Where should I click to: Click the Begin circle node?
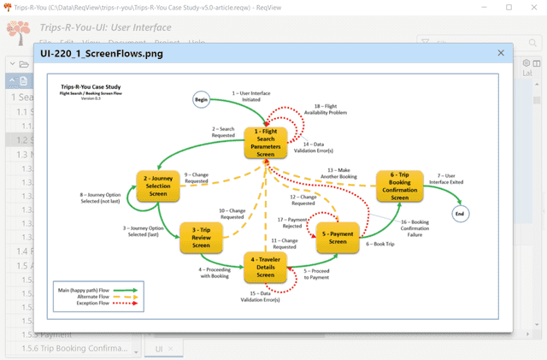tap(202, 99)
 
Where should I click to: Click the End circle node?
tap(461, 213)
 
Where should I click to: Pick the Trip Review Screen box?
tap(201, 238)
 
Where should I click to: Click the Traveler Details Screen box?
tap(265, 266)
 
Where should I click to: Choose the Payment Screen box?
tap(338, 237)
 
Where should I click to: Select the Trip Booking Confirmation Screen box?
tap(400, 186)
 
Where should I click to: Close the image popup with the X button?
tap(501, 53)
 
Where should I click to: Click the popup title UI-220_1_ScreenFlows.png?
tap(102, 54)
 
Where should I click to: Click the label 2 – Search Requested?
tap(223, 133)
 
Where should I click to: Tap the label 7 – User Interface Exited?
tap(450, 179)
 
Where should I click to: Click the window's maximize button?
tap(509, 7)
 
